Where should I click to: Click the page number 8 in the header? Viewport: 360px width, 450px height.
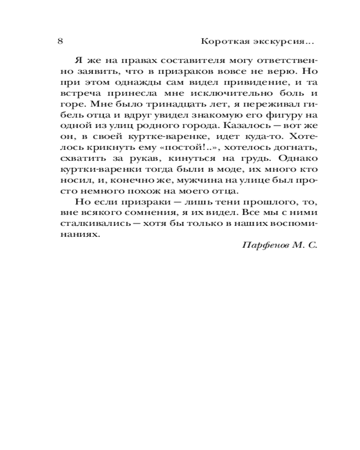pos(60,42)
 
